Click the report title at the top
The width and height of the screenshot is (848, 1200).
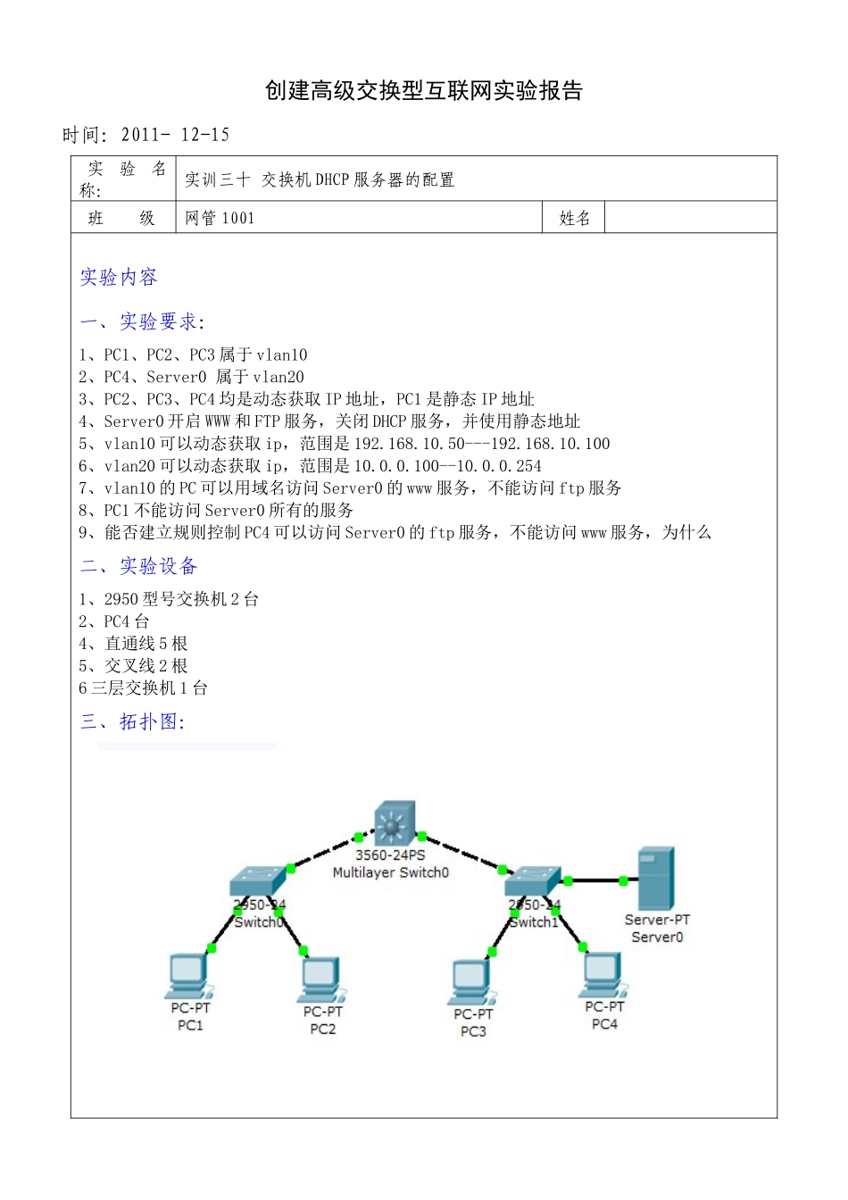click(424, 91)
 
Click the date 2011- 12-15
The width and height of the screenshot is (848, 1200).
click(175, 135)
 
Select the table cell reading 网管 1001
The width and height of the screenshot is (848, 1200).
click(220, 218)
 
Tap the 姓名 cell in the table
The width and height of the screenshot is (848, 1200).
click(574, 218)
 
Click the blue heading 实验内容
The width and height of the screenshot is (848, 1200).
click(119, 278)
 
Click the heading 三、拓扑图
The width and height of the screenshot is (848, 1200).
click(132, 721)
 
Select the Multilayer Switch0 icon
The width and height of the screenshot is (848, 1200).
click(394, 823)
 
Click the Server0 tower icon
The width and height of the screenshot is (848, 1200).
click(656, 878)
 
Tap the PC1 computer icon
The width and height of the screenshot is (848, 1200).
click(188, 976)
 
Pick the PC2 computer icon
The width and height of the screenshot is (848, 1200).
click(321, 980)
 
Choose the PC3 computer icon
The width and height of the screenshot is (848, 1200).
click(471, 982)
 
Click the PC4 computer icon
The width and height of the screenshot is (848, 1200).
click(603, 975)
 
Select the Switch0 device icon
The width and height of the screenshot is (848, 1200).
click(258, 881)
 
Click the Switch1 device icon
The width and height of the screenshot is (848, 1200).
click(533, 881)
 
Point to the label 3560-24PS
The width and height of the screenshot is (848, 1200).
click(390, 854)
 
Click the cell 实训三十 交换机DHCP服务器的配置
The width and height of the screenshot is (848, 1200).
click(320, 179)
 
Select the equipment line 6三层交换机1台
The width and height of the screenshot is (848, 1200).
click(143, 688)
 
